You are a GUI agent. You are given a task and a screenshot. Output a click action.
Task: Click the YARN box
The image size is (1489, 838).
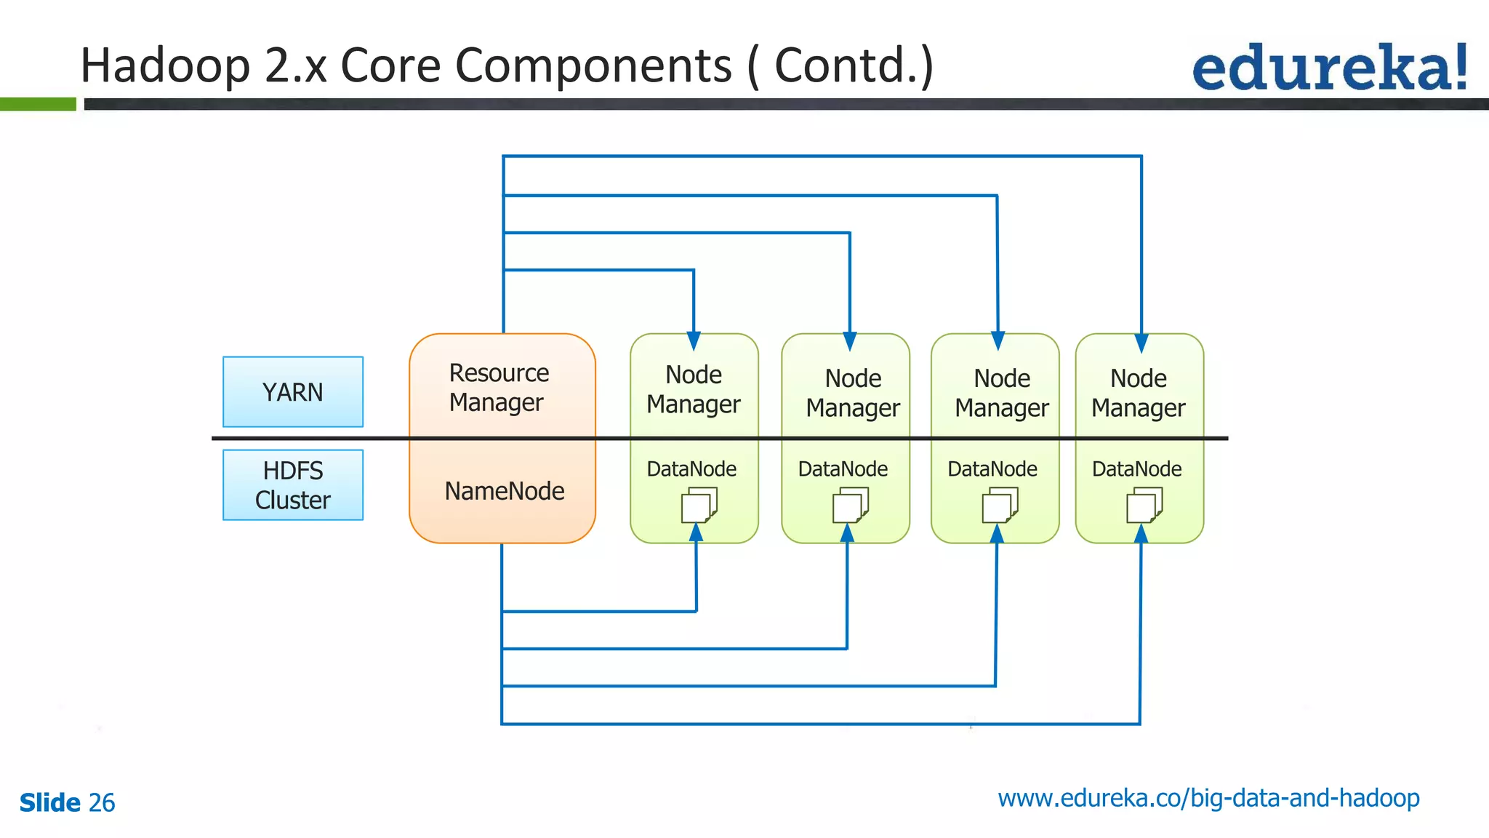click(x=292, y=392)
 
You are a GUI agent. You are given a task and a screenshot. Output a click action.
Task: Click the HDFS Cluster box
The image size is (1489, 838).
click(x=292, y=485)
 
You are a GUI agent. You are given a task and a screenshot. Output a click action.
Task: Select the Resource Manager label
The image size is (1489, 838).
click(x=498, y=388)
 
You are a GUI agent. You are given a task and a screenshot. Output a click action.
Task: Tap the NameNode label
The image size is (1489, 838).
click(x=504, y=491)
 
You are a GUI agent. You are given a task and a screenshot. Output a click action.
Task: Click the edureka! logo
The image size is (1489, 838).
click(x=1329, y=68)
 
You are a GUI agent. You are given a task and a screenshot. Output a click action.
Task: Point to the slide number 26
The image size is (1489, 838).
click(x=101, y=802)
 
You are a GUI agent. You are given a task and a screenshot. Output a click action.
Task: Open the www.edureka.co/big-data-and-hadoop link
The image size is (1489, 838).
click(x=1208, y=798)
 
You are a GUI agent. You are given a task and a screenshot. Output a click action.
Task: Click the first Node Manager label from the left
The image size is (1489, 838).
click(x=693, y=389)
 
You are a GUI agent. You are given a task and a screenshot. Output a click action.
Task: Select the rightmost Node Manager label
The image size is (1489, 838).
click(x=1138, y=393)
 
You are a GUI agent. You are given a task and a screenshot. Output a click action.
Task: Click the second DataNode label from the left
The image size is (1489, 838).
click(x=843, y=469)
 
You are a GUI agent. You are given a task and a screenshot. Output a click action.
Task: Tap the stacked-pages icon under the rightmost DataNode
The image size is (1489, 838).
click(x=1144, y=505)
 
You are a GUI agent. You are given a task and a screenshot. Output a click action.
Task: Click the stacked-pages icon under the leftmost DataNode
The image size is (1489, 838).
click(x=699, y=505)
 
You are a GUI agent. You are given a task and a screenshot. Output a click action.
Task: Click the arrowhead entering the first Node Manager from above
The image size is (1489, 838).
click(x=694, y=341)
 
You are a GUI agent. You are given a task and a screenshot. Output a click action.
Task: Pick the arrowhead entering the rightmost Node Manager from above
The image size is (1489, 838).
click(x=1141, y=343)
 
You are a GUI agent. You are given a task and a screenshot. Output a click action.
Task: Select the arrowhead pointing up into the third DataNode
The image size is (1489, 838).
click(x=997, y=533)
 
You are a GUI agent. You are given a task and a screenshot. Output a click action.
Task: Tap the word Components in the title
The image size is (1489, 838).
click(x=593, y=65)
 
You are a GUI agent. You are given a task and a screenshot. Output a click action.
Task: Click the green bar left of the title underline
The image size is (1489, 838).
click(x=38, y=104)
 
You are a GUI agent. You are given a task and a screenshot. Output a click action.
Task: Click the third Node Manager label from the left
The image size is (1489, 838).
click(x=1001, y=393)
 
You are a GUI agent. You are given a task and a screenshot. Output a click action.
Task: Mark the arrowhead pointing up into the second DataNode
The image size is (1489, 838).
click(x=847, y=533)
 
